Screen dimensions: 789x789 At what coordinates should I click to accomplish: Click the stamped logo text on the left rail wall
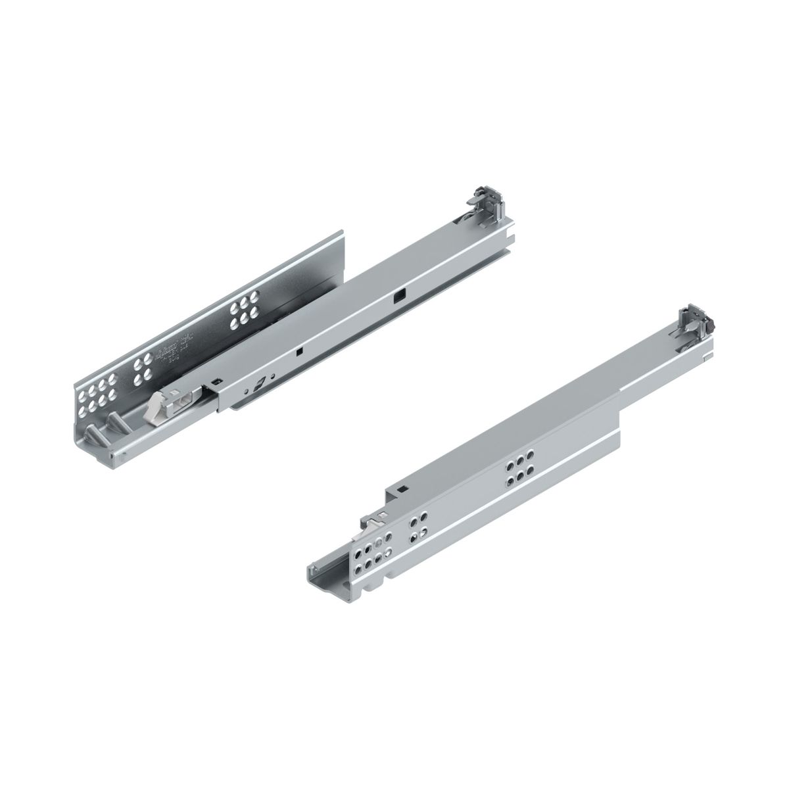click(x=172, y=355)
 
